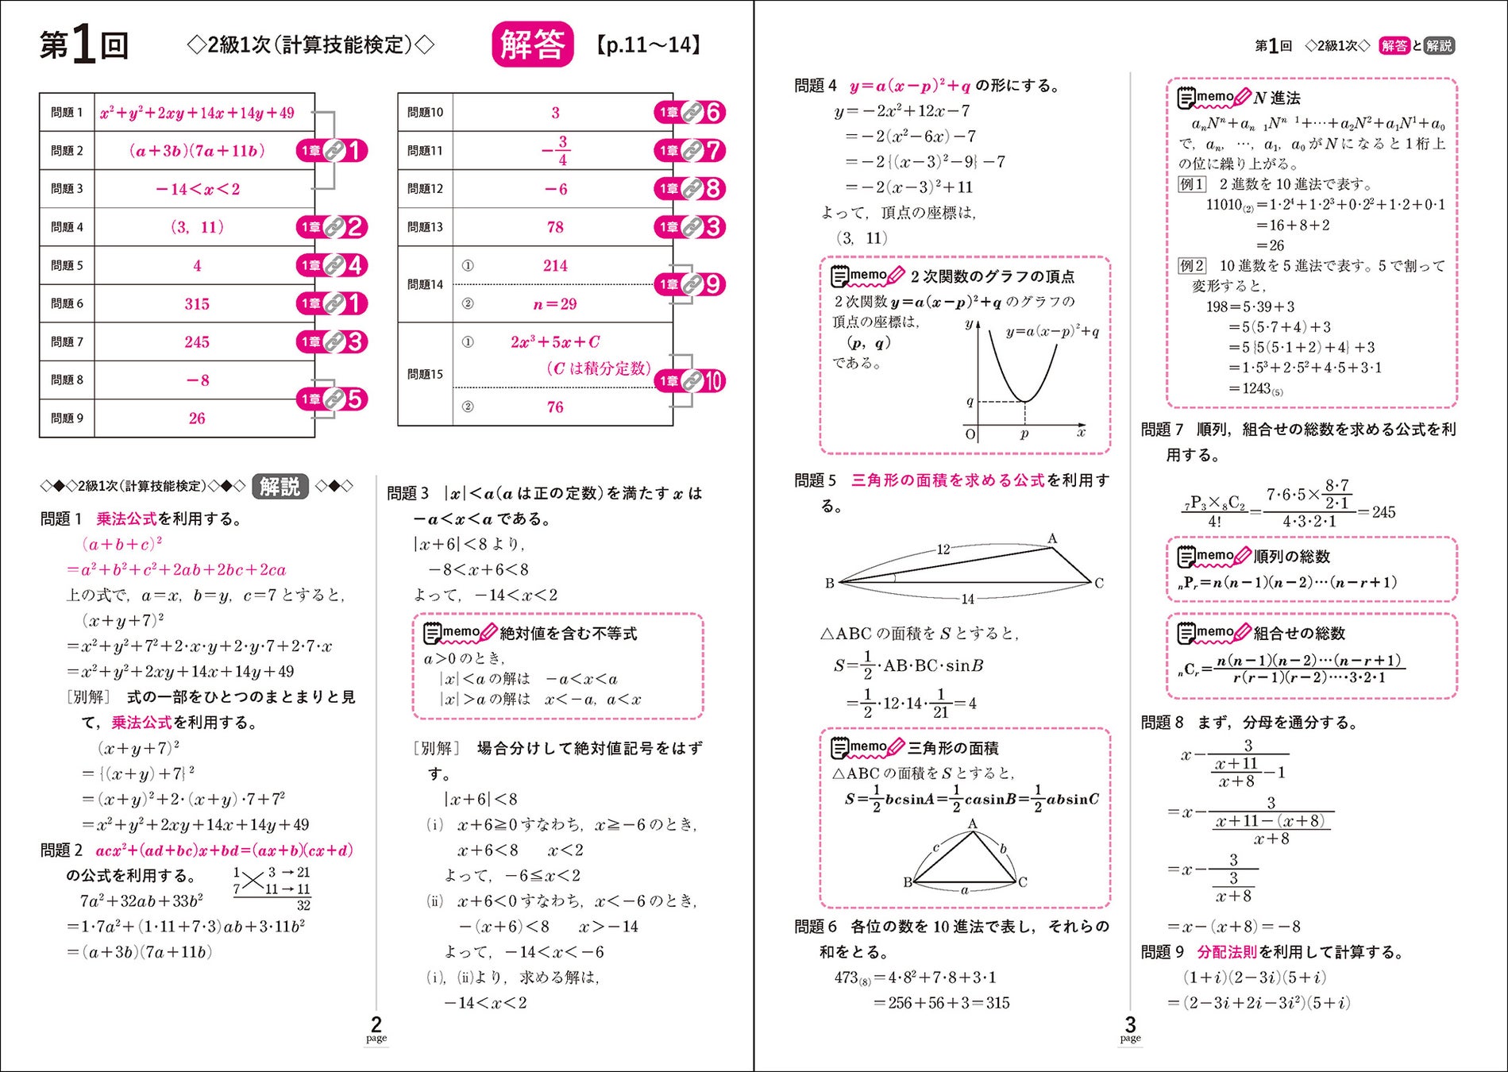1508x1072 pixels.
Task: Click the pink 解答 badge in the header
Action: [532, 44]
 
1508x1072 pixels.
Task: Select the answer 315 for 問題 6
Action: [197, 303]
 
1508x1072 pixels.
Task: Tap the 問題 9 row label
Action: [67, 418]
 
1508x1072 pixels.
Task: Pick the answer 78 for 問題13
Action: [555, 227]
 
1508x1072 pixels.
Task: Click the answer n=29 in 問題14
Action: [555, 303]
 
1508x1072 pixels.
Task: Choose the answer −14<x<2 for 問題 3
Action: [197, 189]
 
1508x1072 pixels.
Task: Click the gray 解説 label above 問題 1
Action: [280, 486]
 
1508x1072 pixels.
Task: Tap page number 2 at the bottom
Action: [376, 1024]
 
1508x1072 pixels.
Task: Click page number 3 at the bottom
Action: [1130, 1024]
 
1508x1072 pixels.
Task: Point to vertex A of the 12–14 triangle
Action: [1052, 539]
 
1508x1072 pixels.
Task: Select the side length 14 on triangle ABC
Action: [967, 599]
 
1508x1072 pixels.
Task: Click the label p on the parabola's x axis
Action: [1024, 434]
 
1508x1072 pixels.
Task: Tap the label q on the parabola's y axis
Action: [970, 402]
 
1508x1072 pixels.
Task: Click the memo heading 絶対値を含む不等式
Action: [569, 634]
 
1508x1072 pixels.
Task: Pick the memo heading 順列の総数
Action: [1291, 556]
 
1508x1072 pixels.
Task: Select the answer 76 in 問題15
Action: [555, 407]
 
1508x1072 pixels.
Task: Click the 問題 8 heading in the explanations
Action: [1162, 723]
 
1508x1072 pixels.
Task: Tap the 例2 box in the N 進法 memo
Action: [1192, 266]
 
